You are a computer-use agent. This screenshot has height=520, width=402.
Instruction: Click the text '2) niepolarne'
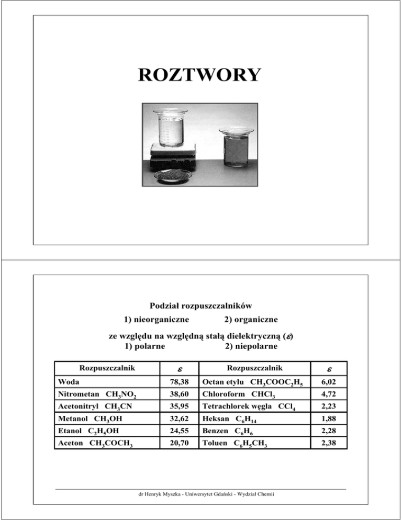(248, 346)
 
